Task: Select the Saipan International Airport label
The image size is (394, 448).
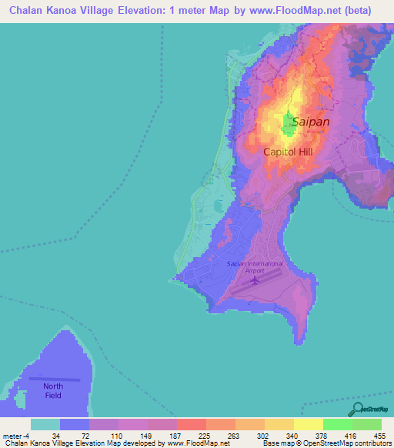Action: (x=255, y=266)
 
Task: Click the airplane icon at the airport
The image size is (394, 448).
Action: (x=255, y=280)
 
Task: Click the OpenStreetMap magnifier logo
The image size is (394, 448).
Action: (x=357, y=408)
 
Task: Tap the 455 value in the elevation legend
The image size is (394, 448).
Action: (x=380, y=435)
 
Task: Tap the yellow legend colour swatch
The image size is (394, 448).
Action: (x=308, y=424)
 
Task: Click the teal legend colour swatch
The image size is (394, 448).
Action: (x=45, y=424)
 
